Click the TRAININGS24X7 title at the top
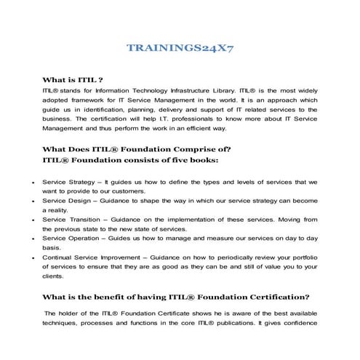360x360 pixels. pyautogui.click(x=180, y=49)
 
